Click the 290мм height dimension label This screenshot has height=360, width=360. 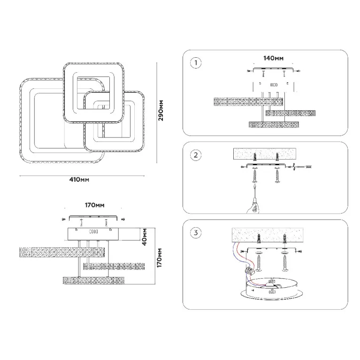click(161, 110)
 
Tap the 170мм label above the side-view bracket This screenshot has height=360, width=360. click(94, 206)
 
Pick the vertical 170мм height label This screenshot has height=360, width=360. click(161, 258)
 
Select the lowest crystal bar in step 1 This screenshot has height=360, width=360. click(273, 124)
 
